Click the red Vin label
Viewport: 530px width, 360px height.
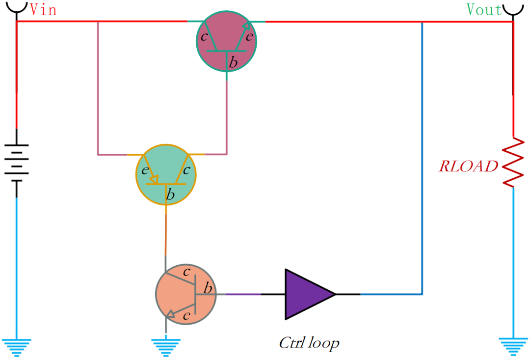43,10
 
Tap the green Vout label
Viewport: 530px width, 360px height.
485,10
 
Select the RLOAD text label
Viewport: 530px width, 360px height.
468,166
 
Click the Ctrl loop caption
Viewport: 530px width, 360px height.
309,342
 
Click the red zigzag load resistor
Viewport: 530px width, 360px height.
513,162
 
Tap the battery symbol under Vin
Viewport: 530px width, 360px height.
17,163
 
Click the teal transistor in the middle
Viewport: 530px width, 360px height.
166,174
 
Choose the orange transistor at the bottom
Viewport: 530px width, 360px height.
185,295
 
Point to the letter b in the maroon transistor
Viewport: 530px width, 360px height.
234,62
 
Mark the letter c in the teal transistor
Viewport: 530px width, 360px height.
186,170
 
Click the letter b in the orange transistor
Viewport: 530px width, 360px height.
208,288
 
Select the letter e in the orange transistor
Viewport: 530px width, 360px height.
186,316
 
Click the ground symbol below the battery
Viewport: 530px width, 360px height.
17,346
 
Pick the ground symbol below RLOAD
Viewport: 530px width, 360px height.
513,346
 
